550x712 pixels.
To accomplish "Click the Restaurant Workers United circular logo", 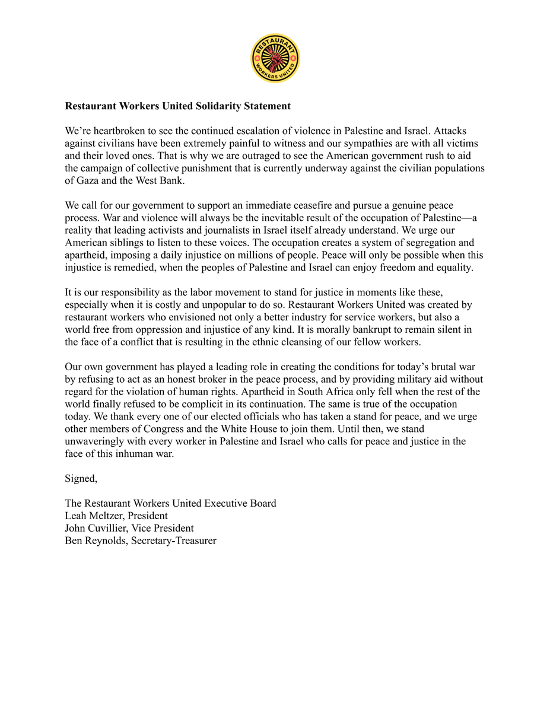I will [275, 58].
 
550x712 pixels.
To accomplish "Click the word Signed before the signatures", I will [80, 478].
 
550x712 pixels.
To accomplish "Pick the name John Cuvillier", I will [101, 528].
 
